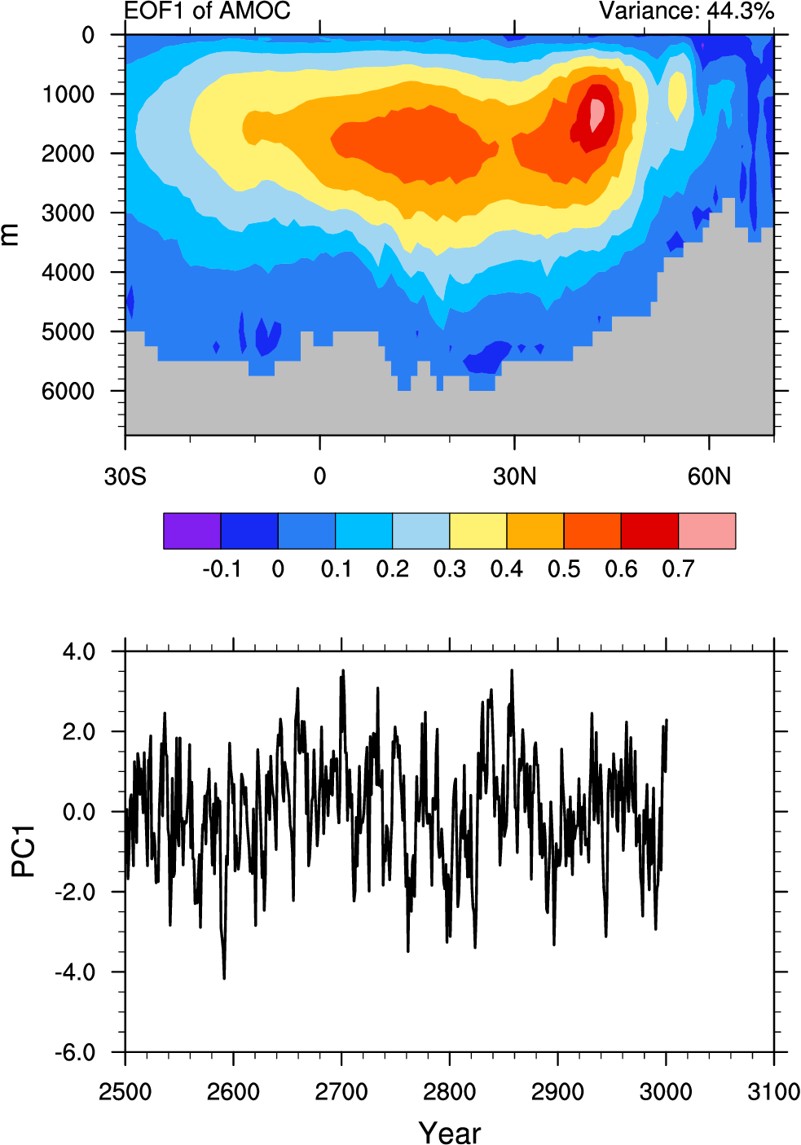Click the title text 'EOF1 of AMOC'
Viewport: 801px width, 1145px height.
(207, 11)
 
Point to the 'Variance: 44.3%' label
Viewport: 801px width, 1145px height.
(686, 11)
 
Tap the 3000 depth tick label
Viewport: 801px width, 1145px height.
(68, 213)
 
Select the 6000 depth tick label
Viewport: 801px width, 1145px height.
(68, 392)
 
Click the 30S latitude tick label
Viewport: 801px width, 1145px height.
(125, 476)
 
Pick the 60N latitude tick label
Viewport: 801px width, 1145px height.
(709, 476)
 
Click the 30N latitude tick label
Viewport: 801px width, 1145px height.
(514, 476)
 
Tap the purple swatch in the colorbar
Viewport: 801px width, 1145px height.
(191, 531)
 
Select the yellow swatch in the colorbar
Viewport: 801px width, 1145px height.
(478, 531)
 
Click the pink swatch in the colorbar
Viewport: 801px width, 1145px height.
(706, 531)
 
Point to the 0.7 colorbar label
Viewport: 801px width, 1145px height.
(678, 569)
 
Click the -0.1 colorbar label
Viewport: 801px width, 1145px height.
(221, 569)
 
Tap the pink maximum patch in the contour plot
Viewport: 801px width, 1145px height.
(597, 114)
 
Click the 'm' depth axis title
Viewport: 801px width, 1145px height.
(10, 235)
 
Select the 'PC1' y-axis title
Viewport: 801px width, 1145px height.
(24, 851)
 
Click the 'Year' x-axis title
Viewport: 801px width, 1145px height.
(449, 1132)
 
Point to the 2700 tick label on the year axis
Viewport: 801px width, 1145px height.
(341, 1092)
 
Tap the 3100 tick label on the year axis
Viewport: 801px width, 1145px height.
(773, 1092)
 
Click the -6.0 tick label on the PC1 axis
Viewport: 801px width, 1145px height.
(75, 1053)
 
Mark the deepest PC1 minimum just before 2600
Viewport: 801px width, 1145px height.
(224, 976)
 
